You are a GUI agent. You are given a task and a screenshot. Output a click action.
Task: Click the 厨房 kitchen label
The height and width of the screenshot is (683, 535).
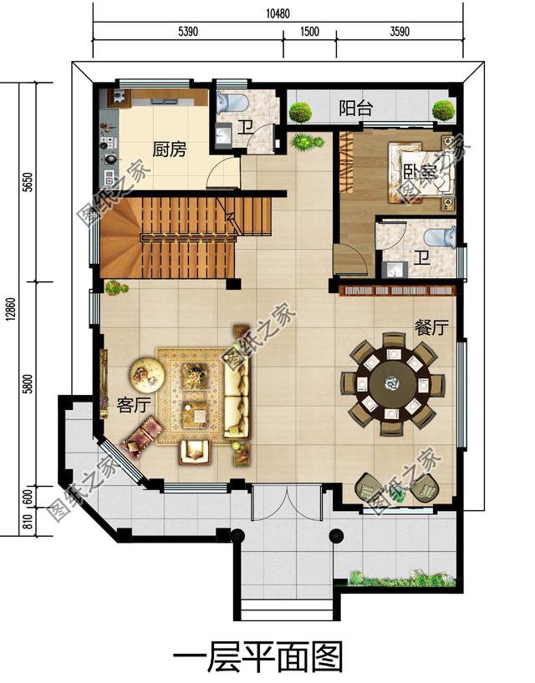(169, 149)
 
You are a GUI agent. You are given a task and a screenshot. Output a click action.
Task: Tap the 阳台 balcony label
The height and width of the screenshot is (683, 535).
(356, 108)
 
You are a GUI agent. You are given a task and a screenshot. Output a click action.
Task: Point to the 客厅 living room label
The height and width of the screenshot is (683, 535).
(134, 405)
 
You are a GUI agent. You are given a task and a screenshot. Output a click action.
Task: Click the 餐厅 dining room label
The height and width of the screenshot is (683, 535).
(431, 327)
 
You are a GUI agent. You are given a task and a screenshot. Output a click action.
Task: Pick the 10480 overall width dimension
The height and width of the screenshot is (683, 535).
(278, 13)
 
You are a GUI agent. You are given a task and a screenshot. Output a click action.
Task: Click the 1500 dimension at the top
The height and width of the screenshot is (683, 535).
(309, 32)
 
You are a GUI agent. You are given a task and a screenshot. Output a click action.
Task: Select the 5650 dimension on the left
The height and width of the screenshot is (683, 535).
(28, 182)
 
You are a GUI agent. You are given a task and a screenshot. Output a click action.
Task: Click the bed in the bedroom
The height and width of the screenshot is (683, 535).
(420, 173)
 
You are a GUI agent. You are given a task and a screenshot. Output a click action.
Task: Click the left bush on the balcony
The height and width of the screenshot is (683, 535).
(300, 112)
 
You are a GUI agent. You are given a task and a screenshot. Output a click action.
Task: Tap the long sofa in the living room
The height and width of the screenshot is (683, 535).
(237, 397)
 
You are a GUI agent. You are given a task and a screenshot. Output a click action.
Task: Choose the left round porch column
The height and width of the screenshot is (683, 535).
(237, 535)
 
